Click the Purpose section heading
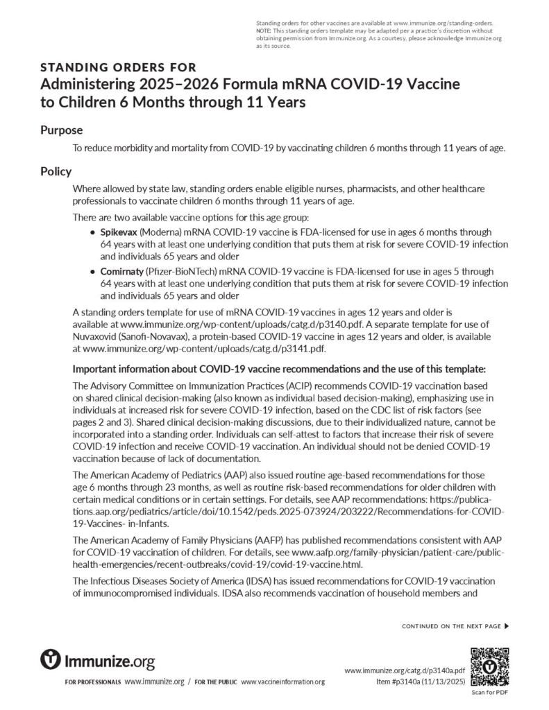coord(62,130)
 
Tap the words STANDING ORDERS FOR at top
coord(118,67)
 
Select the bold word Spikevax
coord(119,231)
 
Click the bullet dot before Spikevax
coord(93,232)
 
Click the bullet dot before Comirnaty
coord(93,272)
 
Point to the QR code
coord(490,666)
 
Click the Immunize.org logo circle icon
coord(51,659)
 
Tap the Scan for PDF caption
coord(490,692)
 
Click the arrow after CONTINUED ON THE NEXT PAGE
coord(507,626)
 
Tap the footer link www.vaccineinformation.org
coord(282,682)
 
